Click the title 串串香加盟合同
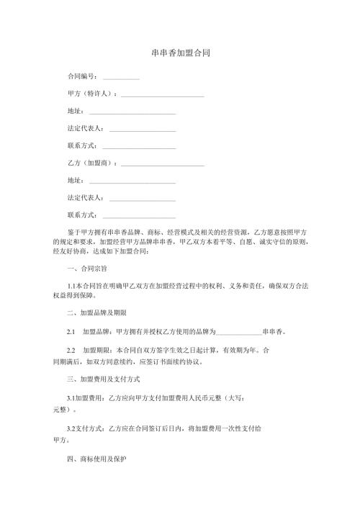pyautogui.click(x=180, y=53)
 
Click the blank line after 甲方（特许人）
pyautogui.click(x=163, y=94)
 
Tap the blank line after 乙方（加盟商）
pyautogui.click(x=163, y=163)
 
